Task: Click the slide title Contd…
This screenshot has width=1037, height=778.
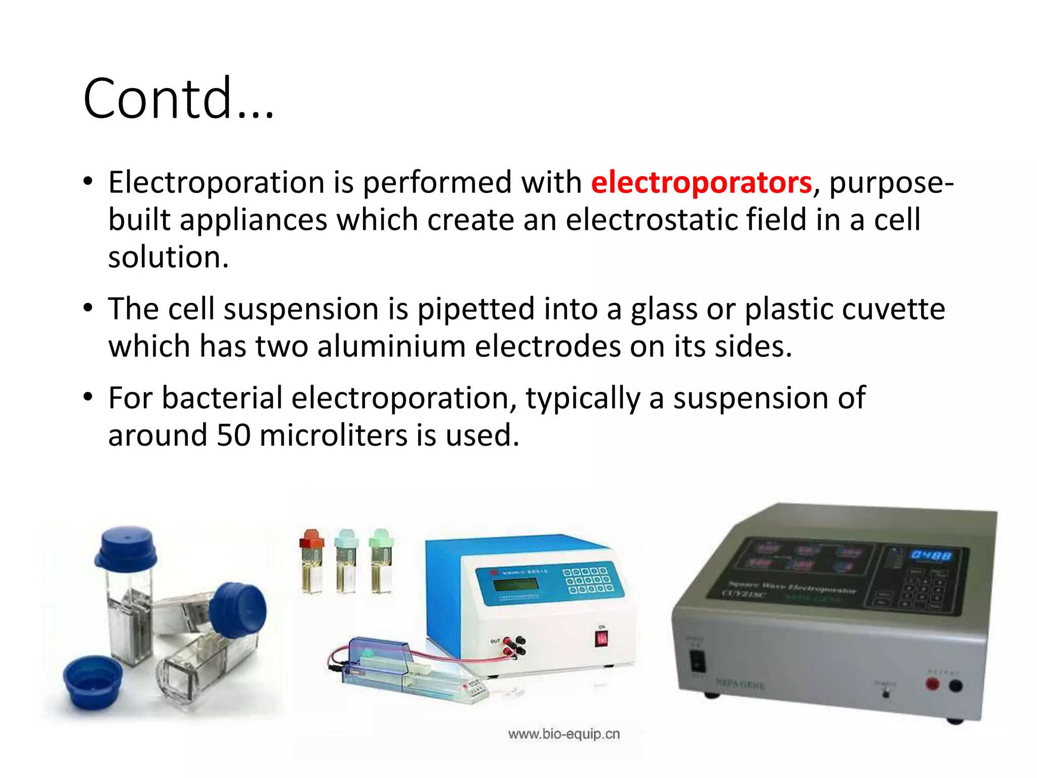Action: click(x=178, y=98)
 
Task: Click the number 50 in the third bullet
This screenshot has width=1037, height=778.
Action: click(x=233, y=435)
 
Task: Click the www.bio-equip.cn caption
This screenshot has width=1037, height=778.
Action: click(x=564, y=734)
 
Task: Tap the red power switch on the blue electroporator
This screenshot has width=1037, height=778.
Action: click(x=602, y=639)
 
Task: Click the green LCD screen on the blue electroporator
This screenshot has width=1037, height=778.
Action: click(x=515, y=584)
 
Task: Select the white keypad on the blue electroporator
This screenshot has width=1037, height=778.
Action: click(x=587, y=580)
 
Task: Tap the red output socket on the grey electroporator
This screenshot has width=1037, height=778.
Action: click(x=932, y=684)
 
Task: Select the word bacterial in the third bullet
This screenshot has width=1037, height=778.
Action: click(x=222, y=398)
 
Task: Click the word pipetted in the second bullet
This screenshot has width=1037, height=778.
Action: click(x=475, y=309)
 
